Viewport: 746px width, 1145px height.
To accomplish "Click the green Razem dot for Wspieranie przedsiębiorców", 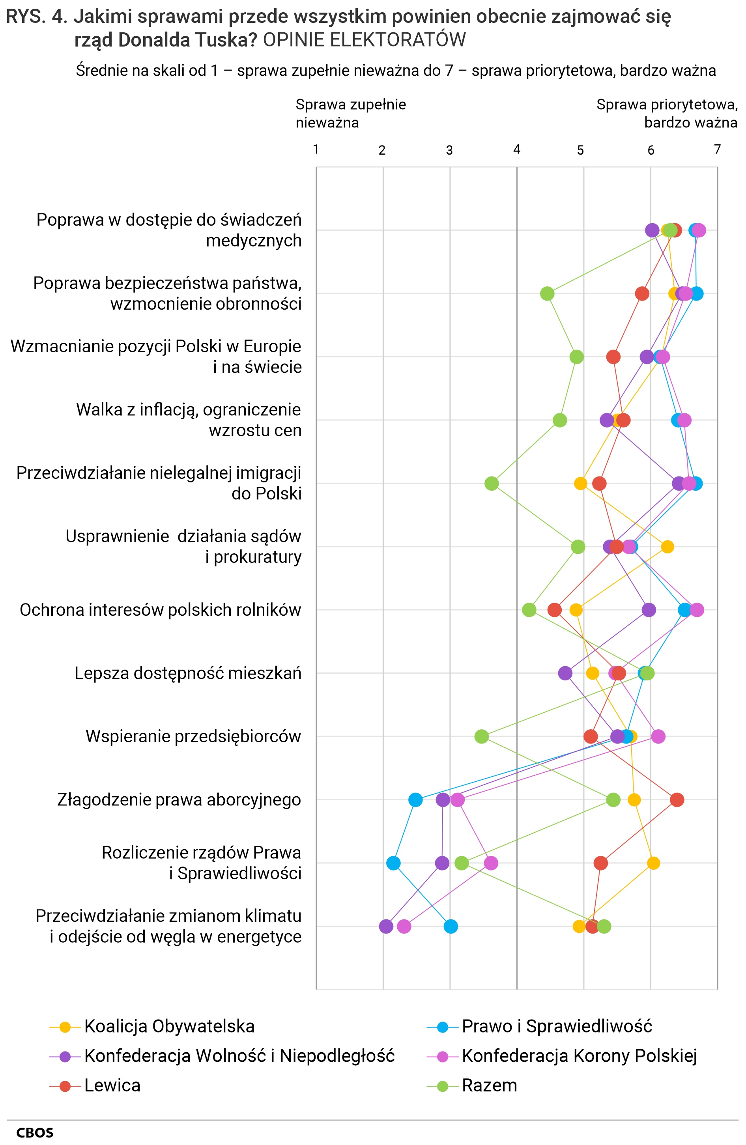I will [x=481, y=736].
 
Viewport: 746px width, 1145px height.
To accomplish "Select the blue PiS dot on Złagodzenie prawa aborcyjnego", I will [x=415, y=799].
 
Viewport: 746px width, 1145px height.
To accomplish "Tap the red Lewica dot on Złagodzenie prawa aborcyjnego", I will [x=677, y=799].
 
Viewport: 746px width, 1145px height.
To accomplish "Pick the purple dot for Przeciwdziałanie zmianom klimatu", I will [x=385, y=926].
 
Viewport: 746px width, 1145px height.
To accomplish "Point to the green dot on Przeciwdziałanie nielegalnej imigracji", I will [x=492, y=483].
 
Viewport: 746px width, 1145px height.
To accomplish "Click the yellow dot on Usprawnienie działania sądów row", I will [x=667, y=547].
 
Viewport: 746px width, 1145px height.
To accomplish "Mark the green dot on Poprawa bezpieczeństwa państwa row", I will [x=547, y=293].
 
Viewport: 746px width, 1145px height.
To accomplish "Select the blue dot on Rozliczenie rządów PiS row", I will [x=393, y=863].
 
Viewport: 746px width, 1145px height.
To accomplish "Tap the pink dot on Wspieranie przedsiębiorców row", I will [x=658, y=736].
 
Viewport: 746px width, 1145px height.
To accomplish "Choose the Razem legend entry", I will [x=489, y=1085].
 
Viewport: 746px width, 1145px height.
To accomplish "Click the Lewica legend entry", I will [x=112, y=1085].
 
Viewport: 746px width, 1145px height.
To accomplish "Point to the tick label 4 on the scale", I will [x=516, y=149].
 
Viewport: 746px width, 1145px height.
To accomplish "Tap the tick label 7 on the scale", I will [x=717, y=149].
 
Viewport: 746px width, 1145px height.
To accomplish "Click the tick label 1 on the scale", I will [x=316, y=149].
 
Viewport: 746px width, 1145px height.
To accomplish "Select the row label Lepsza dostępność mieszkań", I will [x=188, y=673].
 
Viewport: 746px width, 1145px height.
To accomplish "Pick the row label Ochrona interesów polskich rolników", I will [x=160, y=609].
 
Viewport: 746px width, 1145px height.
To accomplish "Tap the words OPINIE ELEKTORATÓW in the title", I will [x=365, y=40].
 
